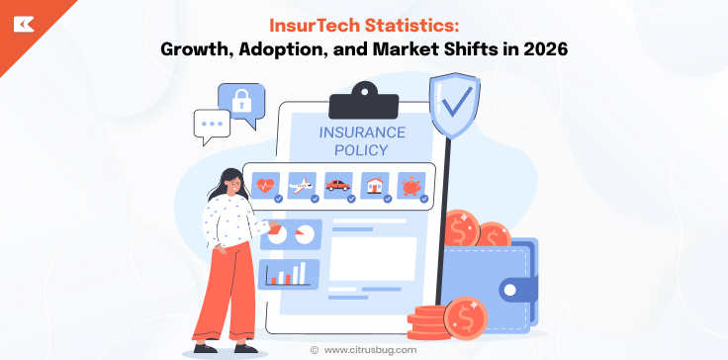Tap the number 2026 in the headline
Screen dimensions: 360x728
[537, 48]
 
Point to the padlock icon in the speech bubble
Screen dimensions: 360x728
[242, 99]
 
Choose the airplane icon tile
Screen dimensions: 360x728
[302, 185]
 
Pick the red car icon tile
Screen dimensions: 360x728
[338, 185]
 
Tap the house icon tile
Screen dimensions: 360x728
[374, 185]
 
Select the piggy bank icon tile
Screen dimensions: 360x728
[410, 185]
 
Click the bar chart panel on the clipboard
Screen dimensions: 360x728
[289, 274]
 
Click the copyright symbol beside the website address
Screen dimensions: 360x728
[314, 349]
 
